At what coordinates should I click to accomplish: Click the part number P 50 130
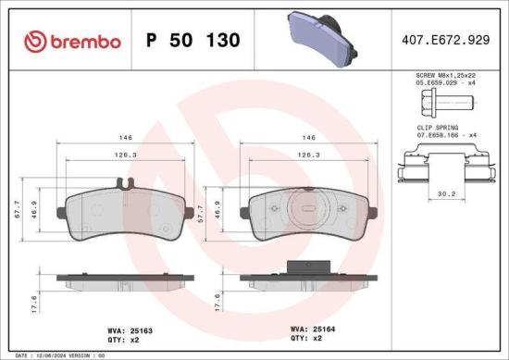(193, 41)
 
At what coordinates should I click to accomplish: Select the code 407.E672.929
(444, 41)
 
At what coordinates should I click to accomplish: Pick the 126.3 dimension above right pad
(307, 156)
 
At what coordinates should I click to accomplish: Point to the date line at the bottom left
(56, 354)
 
